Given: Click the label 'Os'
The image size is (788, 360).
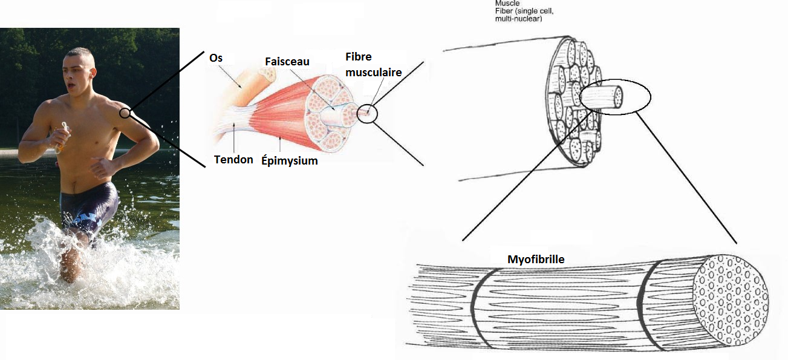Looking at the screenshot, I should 215,57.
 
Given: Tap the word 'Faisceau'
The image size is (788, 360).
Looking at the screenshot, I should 287,62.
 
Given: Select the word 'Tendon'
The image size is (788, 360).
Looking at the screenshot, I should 233,160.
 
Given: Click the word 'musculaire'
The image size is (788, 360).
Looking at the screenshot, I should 374,73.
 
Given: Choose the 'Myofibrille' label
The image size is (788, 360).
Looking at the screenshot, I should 536,260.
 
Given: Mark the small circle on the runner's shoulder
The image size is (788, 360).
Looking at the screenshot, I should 125,113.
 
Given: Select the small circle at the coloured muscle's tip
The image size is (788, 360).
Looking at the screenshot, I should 367,113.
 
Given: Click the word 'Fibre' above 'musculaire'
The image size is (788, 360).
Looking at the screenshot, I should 359,56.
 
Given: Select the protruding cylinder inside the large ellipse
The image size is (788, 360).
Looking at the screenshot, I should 602,97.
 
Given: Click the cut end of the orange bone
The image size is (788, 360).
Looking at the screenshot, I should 267,73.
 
